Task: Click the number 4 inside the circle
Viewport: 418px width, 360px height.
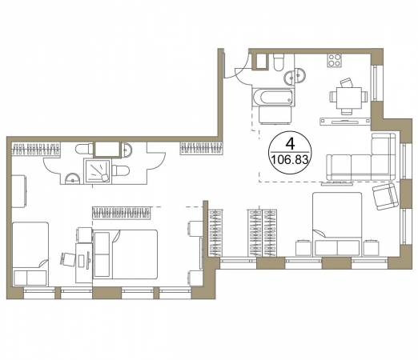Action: point(290,144)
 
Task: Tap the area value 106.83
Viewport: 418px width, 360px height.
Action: point(290,160)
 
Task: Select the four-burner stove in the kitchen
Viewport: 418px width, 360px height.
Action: point(335,60)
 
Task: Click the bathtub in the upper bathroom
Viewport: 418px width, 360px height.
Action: point(273,97)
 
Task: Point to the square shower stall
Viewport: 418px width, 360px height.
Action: point(97,170)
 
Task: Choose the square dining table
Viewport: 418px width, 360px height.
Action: point(348,98)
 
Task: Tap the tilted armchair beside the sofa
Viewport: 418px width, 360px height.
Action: point(385,197)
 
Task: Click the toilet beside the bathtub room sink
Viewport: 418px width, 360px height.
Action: point(279,62)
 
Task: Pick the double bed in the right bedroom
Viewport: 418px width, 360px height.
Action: point(337,224)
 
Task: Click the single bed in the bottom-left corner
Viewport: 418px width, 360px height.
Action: point(30,254)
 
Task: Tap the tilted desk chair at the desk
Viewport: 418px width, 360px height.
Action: point(68,259)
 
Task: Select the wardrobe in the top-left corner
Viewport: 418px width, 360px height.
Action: point(36,149)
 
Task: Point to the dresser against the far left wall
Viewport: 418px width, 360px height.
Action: point(19,191)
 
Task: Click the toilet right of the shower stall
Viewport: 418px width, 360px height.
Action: point(121,170)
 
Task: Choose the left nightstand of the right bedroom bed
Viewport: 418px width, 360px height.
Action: point(303,248)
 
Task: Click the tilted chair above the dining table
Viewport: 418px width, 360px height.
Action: point(347,82)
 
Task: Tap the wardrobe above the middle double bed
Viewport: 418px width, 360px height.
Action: point(122,214)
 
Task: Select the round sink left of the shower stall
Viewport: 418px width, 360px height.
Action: point(73,178)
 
